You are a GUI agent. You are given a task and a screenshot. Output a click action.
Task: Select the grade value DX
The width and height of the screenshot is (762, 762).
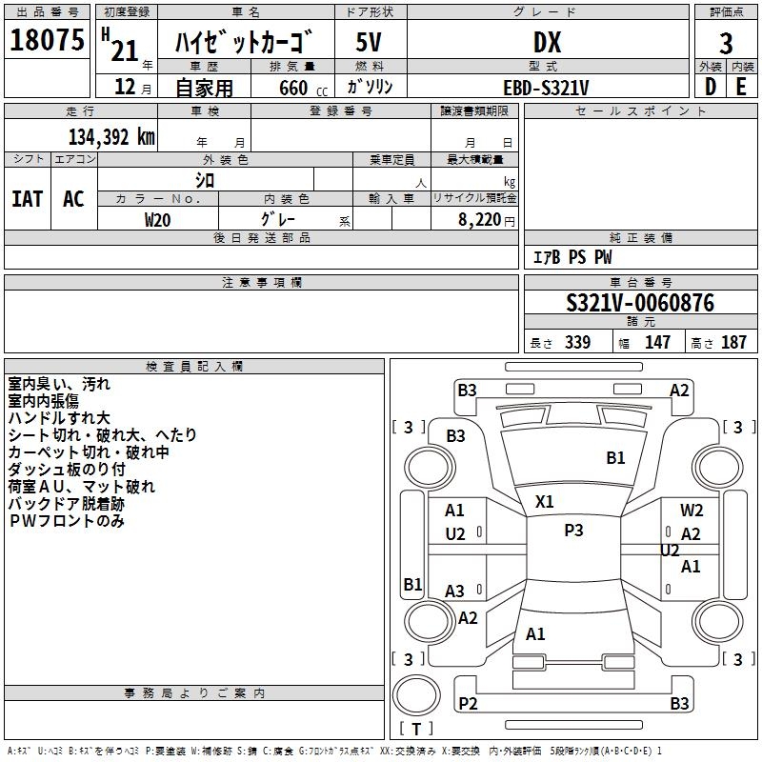click(547, 43)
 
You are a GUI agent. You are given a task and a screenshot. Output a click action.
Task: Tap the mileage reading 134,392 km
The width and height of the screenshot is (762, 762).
click(111, 137)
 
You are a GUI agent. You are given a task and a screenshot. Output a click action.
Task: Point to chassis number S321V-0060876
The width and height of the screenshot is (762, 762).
click(640, 304)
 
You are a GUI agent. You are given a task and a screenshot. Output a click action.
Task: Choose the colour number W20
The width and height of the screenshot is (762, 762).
click(157, 219)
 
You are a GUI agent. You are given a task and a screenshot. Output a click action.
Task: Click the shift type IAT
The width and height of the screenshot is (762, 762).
click(27, 199)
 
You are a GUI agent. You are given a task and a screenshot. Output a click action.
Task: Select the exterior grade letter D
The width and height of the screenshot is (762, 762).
click(710, 88)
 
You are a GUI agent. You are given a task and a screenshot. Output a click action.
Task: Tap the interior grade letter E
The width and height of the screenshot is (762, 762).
click(741, 88)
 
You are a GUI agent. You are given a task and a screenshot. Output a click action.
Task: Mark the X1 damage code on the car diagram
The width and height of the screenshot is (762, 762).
click(545, 501)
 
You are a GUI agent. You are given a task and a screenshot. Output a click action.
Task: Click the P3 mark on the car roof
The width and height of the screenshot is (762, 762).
click(573, 531)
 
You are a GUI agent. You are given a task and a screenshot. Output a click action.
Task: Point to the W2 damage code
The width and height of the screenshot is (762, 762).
click(692, 511)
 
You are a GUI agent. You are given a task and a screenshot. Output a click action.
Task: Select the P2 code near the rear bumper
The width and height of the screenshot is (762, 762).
click(468, 704)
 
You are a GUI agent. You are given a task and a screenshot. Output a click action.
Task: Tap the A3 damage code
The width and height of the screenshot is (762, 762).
click(455, 592)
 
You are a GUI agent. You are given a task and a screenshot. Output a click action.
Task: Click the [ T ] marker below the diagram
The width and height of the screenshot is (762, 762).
click(416, 730)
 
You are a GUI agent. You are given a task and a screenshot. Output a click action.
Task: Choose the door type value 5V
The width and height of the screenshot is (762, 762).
click(370, 43)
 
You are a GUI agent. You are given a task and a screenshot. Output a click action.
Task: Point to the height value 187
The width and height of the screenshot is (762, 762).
click(734, 343)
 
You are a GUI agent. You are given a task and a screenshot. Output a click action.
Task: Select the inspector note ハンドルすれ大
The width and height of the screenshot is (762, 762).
click(59, 418)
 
